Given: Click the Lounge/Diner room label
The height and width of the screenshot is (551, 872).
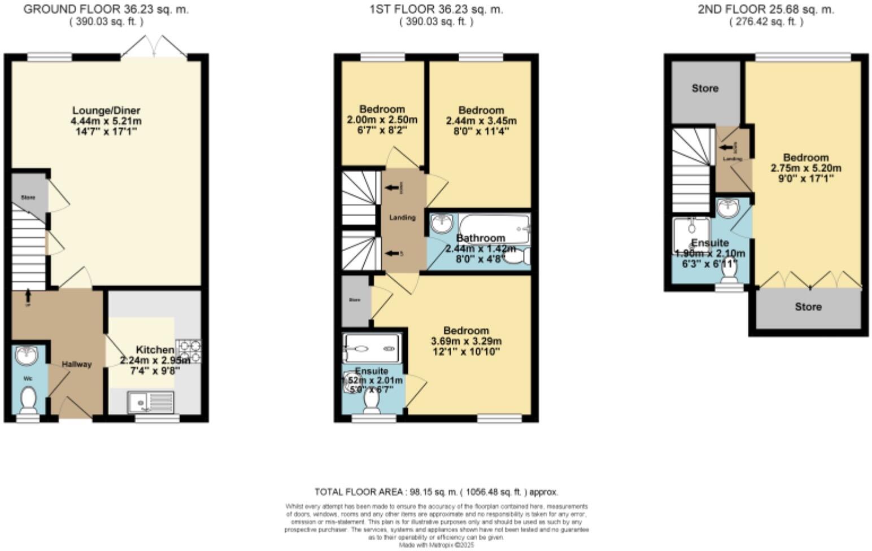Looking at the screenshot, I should click(106, 110).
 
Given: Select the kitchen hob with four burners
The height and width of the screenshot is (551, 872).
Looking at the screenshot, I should click(189, 350).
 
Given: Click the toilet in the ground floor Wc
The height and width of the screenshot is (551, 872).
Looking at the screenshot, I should click(28, 400).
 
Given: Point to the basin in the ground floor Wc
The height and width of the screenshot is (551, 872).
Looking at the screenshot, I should click(27, 355).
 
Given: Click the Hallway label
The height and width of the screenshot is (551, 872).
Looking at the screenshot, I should click(76, 364).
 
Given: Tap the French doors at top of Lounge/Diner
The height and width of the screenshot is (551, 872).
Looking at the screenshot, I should click(154, 46).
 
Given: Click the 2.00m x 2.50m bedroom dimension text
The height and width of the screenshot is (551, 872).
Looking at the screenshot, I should click(382, 120).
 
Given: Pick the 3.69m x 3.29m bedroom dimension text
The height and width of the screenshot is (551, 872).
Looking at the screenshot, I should click(466, 342).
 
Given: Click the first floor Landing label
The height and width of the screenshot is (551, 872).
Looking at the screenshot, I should click(402, 217).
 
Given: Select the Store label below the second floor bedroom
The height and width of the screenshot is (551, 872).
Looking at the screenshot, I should click(808, 307).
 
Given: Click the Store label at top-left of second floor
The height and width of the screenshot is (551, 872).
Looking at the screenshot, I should click(705, 88).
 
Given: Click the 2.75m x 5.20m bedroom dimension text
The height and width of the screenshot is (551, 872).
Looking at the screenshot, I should click(806, 168).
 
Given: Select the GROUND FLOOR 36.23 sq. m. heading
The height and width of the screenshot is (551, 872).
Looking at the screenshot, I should click(106, 10).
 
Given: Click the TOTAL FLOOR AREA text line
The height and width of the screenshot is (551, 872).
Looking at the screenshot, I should click(436, 492).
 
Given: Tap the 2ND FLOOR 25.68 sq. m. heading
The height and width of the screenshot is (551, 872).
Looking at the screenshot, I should click(766, 10).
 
